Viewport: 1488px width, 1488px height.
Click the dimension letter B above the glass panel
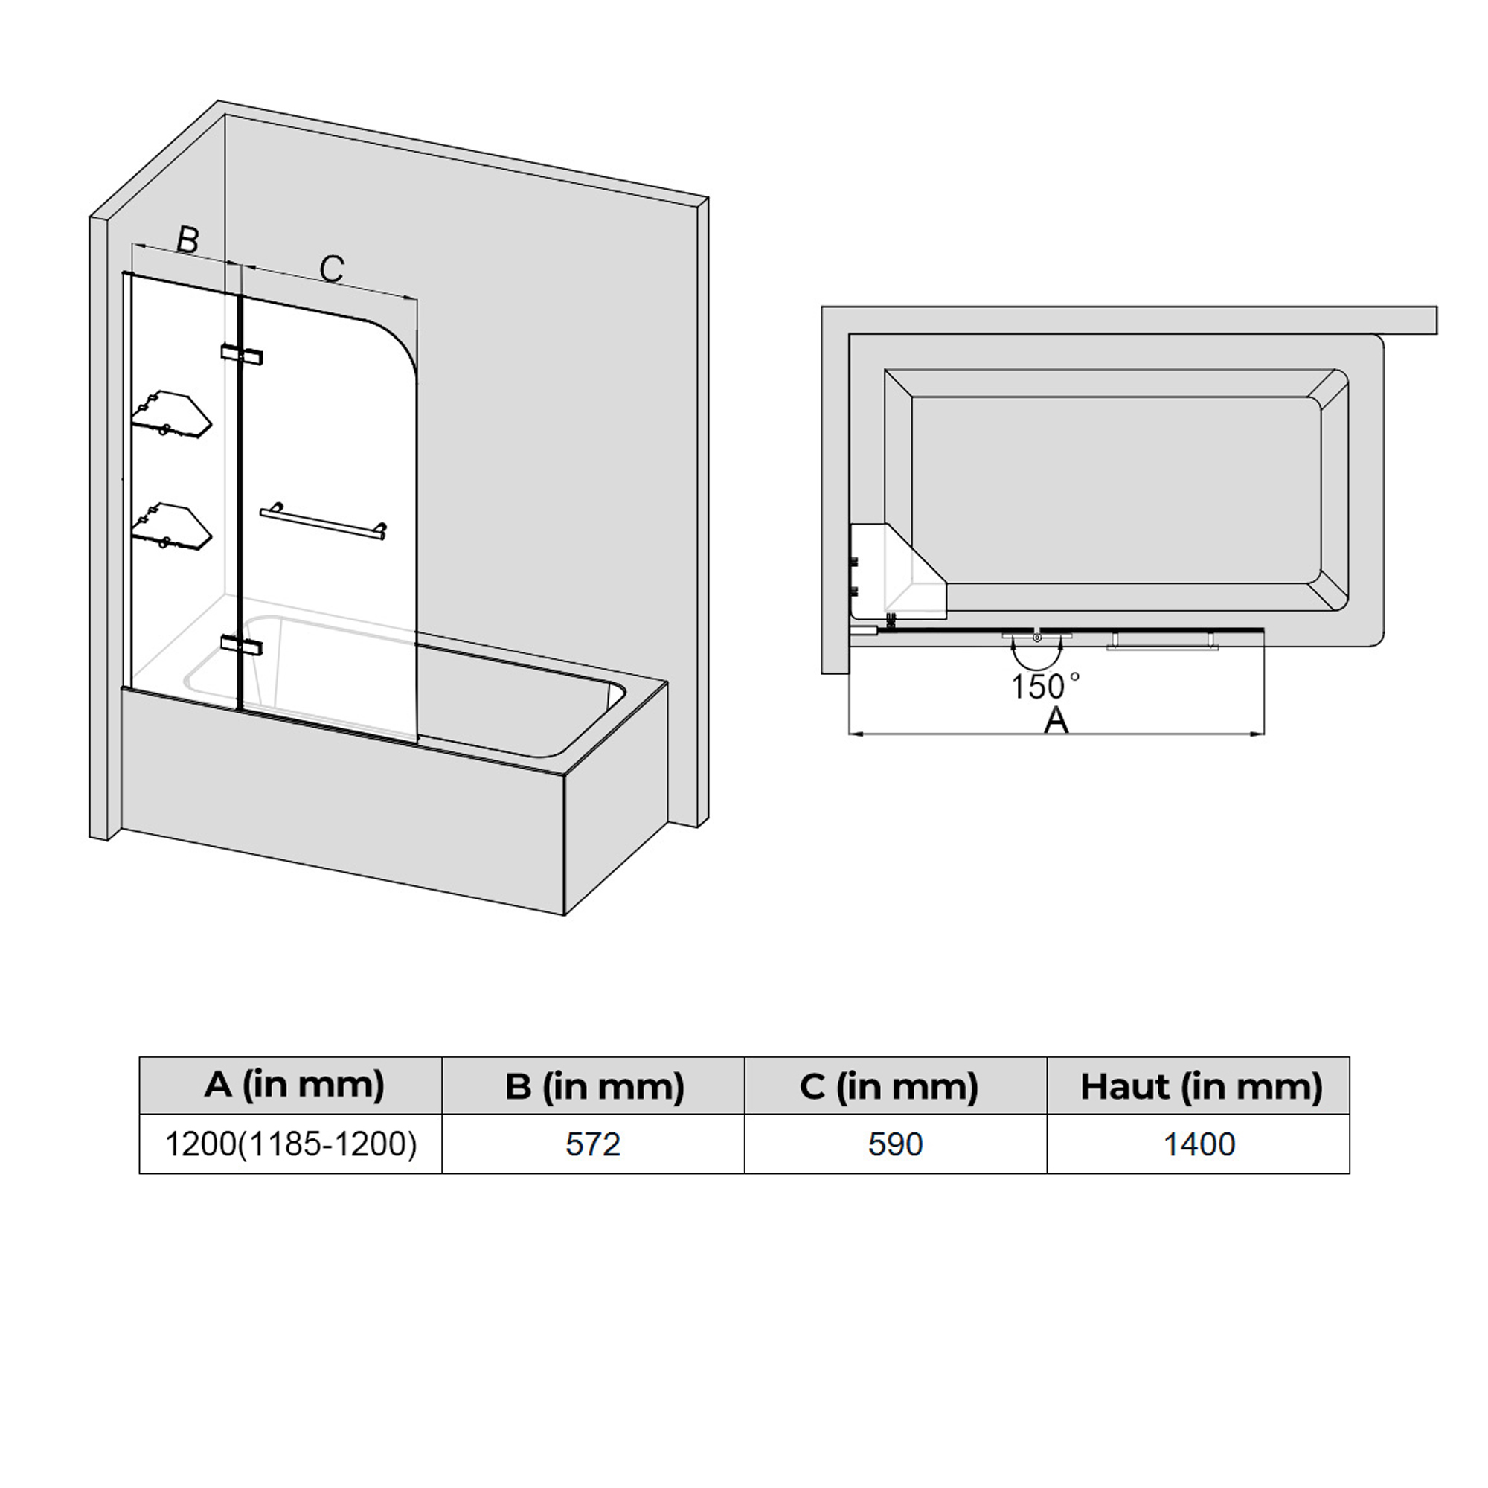click(x=188, y=240)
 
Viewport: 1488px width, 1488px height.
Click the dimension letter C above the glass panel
click(x=331, y=268)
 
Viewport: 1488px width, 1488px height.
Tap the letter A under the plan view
click(x=1056, y=720)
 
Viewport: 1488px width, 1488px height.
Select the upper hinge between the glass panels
click(x=242, y=354)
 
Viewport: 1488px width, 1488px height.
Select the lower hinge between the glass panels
click(x=242, y=644)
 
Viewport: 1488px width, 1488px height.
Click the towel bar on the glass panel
click(x=324, y=522)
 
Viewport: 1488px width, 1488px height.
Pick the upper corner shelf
click(x=171, y=414)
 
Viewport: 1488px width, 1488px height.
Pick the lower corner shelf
click(x=171, y=527)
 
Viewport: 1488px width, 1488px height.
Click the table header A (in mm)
click(x=294, y=1085)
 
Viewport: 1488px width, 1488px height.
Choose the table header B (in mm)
click(x=594, y=1086)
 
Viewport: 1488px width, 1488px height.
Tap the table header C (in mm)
click(x=889, y=1086)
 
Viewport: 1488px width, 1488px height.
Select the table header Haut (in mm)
click(x=1202, y=1086)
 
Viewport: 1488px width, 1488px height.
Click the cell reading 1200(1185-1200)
click(x=291, y=1144)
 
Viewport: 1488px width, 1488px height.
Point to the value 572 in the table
click(x=593, y=1144)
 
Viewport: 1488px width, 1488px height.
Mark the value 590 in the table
click(x=895, y=1144)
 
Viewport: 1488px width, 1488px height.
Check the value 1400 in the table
click(x=1199, y=1144)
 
